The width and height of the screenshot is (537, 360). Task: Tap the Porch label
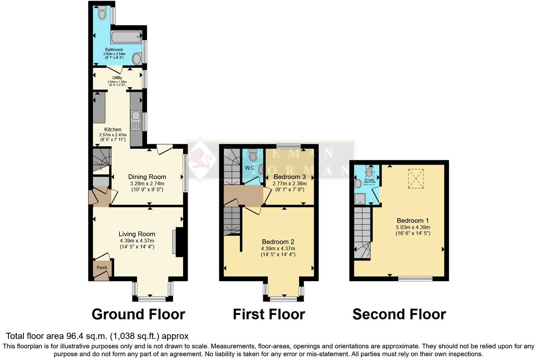click(x=102, y=268)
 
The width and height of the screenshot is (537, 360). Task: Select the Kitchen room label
click(x=113, y=130)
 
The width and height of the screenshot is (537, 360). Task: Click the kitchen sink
click(x=136, y=116)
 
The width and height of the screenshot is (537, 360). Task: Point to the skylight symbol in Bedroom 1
click(x=416, y=178)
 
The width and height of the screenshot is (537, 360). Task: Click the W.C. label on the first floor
click(x=250, y=168)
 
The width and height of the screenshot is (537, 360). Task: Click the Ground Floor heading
click(x=138, y=314)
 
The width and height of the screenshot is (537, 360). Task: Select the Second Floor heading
click(x=399, y=314)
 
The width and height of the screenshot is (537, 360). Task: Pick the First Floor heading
click(x=269, y=314)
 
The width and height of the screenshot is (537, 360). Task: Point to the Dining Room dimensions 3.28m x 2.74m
click(x=147, y=184)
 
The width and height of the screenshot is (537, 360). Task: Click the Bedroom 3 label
click(x=290, y=177)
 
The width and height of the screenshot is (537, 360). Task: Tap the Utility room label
click(x=117, y=78)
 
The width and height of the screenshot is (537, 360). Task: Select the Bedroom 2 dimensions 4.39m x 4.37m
click(x=278, y=249)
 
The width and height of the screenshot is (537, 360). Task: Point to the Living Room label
click(x=137, y=234)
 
